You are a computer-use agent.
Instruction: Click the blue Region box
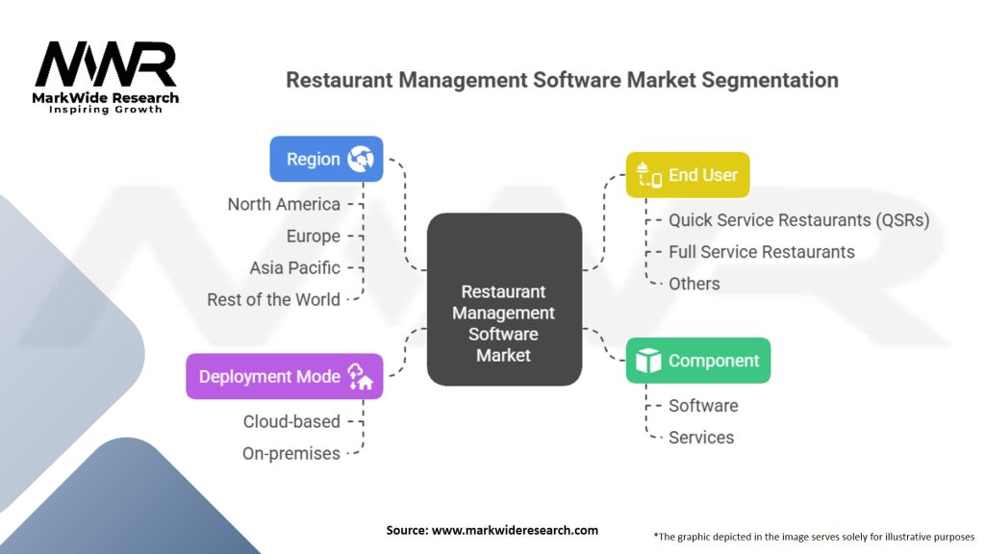coord(326,159)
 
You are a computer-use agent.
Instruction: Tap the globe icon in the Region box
coord(361,159)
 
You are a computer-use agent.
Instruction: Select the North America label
coord(284,204)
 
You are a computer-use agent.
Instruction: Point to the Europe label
coord(313,236)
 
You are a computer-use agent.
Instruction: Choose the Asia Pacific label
coord(294,267)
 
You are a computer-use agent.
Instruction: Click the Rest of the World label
coord(273,299)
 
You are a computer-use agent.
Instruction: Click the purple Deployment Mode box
coord(284,376)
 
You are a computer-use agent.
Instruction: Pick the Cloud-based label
coord(291,421)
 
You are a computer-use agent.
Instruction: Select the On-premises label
coord(290,453)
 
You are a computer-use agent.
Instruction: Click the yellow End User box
coord(688,175)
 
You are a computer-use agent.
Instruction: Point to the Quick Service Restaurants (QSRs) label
coord(798,220)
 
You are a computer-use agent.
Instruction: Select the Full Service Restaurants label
coord(761,252)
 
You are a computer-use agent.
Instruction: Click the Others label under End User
coord(694,284)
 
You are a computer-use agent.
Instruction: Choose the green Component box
coord(697,361)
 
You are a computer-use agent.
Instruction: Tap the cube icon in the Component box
coord(649,361)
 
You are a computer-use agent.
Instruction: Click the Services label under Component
coord(700,438)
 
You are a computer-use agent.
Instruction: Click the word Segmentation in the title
coord(770,80)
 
